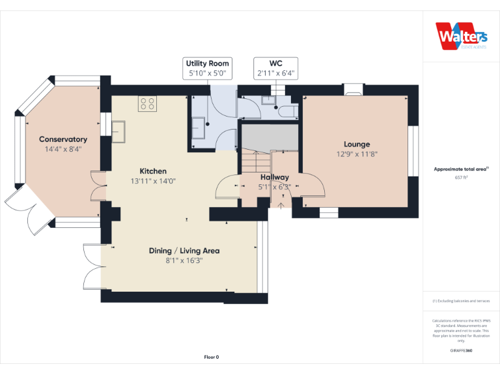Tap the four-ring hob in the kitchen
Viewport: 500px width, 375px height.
point(147,104)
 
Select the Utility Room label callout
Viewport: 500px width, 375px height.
point(208,68)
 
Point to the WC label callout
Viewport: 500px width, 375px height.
point(276,68)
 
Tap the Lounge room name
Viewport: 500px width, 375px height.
point(357,145)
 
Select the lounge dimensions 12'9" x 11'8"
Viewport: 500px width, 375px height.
point(357,154)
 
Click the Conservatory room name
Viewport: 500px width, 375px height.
point(63,139)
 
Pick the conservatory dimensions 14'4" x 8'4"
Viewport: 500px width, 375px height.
point(63,149)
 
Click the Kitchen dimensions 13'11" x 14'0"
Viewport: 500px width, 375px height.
point(153,181)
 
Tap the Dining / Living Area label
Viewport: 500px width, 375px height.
point(184,251)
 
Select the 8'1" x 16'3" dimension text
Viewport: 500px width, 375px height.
point(184,260)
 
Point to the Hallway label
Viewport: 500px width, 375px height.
point(275,177)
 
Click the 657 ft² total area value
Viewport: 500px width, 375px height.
point(461,177)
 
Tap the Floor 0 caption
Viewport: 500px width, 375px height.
point(212,357)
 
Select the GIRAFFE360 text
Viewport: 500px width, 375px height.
point(461,351)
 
